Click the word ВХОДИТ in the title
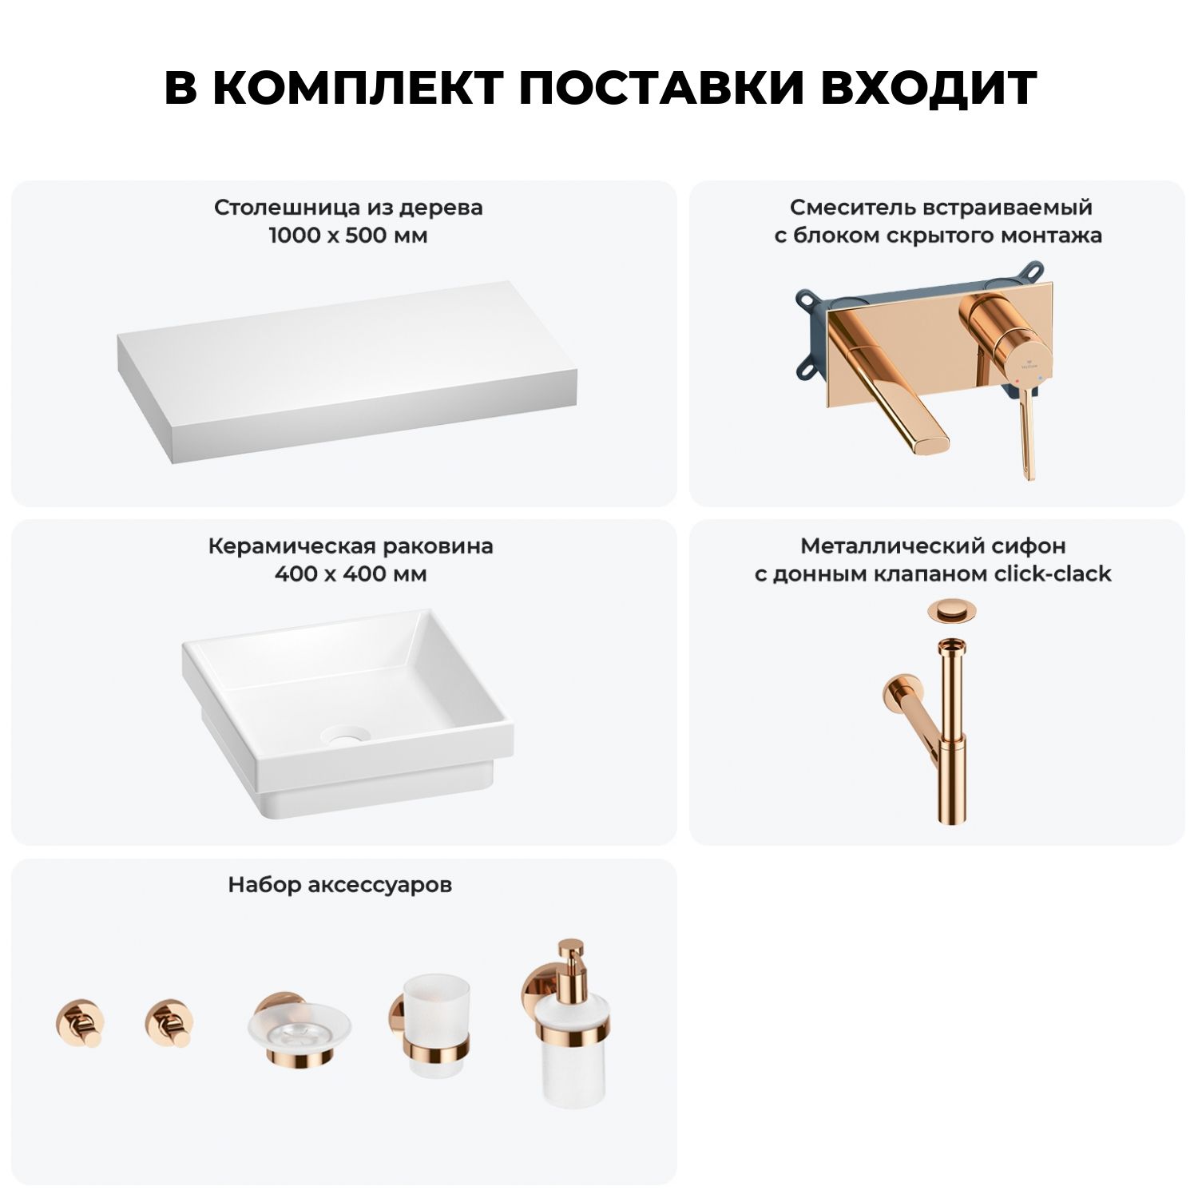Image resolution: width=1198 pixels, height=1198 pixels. click(x=928, y=88)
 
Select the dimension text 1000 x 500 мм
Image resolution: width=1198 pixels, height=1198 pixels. click(x=348, y=236)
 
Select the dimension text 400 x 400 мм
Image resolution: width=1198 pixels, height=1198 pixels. click(x=351, y=574)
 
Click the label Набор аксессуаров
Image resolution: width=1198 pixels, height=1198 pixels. click(x=339, y=885)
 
